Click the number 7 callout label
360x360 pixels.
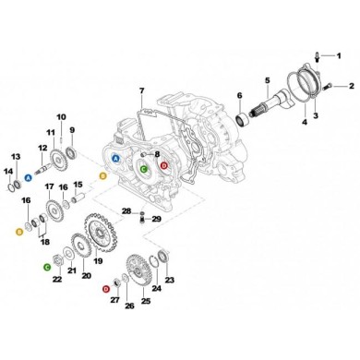point(141,91)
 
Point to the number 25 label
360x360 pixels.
point(145,300)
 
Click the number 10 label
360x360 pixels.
point(61,116)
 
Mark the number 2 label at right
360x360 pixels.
point(351,87)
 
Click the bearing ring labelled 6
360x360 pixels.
point(243,120)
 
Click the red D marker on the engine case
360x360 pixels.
point(164,165)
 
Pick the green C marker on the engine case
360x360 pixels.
point(143,169)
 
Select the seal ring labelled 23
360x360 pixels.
point(163,256)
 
